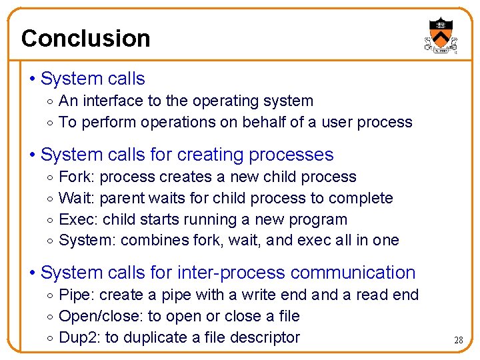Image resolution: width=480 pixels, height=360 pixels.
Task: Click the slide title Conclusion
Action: point(85,38)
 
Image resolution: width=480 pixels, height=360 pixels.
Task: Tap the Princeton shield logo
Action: point(440,35)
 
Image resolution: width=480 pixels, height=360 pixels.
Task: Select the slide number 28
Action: point(458,340)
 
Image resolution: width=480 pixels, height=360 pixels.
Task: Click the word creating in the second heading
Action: point(209,155)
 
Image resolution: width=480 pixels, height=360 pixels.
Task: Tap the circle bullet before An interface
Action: point(51,101)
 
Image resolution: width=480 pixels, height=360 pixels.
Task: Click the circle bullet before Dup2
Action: point(51,338)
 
